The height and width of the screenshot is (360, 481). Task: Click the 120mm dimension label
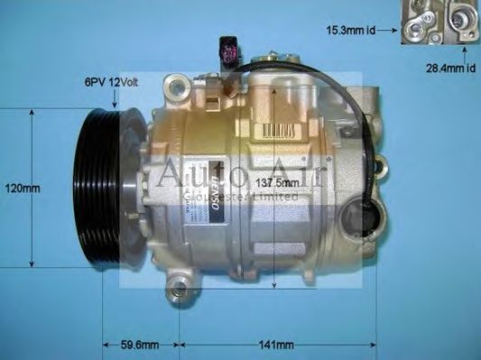22,189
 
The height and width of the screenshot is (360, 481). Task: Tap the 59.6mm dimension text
140,345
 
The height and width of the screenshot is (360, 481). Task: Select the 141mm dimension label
277,345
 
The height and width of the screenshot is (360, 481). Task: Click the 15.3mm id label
351,31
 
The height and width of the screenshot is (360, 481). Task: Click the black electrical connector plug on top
227,50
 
